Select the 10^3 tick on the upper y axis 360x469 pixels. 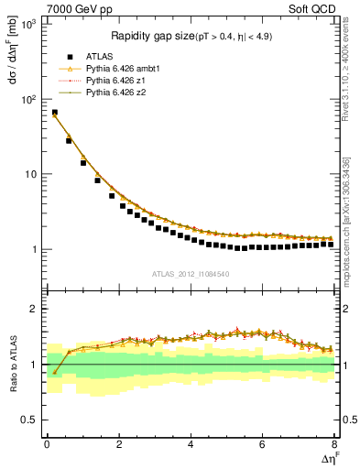(28, 25)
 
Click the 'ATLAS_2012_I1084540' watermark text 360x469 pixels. (191, 274)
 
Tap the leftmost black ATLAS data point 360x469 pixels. (54, 113)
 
